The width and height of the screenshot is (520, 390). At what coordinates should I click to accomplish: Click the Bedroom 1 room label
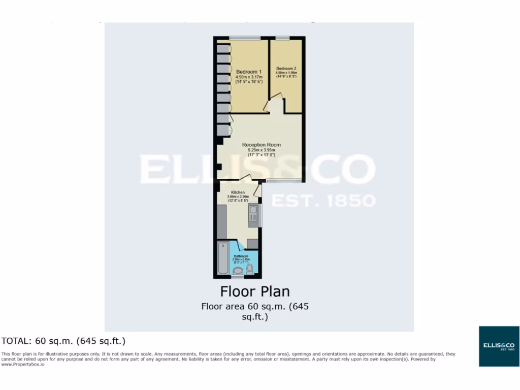coord(249,72)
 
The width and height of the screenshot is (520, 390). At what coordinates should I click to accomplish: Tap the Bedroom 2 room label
coord(286,68)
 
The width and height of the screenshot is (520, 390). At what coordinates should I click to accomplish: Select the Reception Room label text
coord(261,145)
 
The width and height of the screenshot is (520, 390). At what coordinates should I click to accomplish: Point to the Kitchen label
coord(238,192)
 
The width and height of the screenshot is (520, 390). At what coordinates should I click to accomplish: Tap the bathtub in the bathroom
coord(222,259)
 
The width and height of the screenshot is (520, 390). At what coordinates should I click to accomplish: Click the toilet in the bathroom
coord(249,269)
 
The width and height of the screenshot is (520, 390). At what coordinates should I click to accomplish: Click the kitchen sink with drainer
coord(253,215)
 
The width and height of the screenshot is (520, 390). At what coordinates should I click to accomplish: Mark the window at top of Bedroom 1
coord(245,38)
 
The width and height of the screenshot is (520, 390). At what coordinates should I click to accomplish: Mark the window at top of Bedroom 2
coord(282,38)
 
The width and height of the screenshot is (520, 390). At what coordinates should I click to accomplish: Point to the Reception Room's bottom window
coord(283,180)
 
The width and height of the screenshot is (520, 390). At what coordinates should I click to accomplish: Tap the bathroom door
coord(238,245)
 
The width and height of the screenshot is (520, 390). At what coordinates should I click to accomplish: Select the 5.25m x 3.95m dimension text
coord(261,150)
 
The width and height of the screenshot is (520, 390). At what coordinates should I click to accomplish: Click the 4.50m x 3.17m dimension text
coord(249,77)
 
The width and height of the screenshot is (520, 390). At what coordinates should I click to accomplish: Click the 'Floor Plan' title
coord(254,291)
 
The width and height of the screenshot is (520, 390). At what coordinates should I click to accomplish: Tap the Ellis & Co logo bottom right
coord(499,346)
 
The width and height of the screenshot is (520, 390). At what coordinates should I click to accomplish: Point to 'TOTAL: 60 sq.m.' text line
coord(63,340)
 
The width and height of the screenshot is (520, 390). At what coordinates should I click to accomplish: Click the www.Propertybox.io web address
coord(23,365)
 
